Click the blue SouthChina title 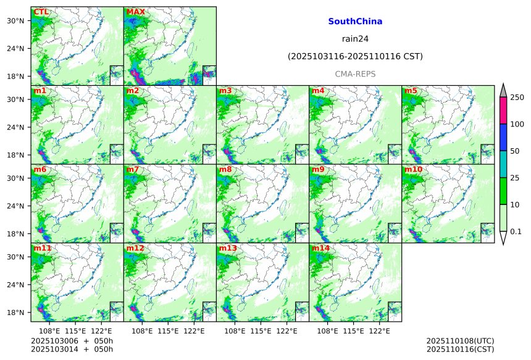click(355, 22)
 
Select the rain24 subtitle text click(355, 39)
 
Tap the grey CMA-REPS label click(355, 74)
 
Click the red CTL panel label click(41, 12)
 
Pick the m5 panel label click(411, 91)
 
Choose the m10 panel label click(413, 169)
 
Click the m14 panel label click(320, 248)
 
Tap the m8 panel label click(225, 169)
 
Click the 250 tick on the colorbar click(517, 98)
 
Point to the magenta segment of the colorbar click(503, 111)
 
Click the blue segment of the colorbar click(503, 138)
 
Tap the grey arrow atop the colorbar click(503, 90)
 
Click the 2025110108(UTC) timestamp click(460, 341)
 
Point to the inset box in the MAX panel click(209, 72)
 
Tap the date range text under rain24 click(355, 57)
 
